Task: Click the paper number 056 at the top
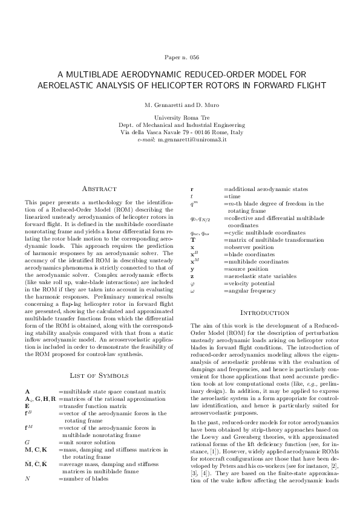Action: (x=194, y=57)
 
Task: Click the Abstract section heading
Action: (x=99, y=189)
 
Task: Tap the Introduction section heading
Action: (x=263, y=312)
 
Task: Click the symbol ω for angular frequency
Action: (x=192, y=291)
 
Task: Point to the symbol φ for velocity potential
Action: (x=192, y=283)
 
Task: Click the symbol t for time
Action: (x=192, y=196)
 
